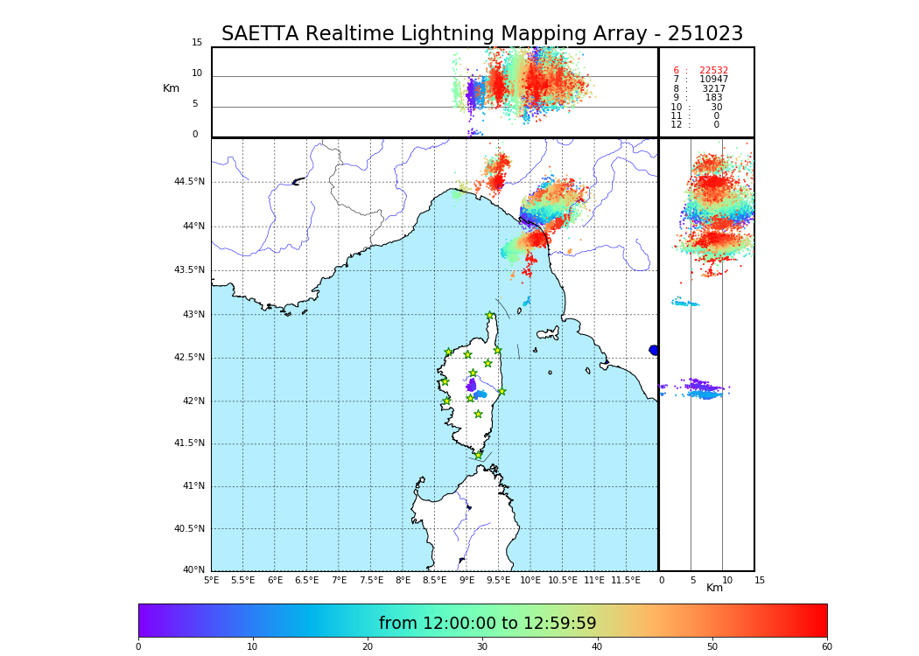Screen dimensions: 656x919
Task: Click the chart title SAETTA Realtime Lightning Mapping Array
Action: pyautogui.click(x=481, y=34)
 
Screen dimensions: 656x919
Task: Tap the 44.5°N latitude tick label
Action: pyautogui.click(x=189, y=182)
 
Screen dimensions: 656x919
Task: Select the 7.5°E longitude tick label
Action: pyautogui.click(x=371, y=580)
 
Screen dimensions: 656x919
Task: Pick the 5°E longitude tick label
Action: pyautogui.click(x=212, y=580)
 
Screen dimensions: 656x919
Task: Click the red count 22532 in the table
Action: pyautogui.click(x=713, y=71)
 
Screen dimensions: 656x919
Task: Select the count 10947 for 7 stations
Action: pyautogui.click(x=713, y=80)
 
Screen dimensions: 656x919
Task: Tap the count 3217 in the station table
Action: pyautogui.click(x=713, y=89)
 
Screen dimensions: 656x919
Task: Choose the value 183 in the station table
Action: pyautogui.click(x=713, y=98)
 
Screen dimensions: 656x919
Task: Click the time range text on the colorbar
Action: pyautogui.click(x=488, y=624)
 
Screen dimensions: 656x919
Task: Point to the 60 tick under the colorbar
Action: pyautogui.click(x=826, y=646)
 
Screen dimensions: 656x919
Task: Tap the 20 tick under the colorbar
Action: pyautogui.click(x=368, y=646)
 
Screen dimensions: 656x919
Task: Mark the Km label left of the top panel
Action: pyautogui.click(x=171, y=88)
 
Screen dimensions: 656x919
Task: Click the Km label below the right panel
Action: pyautogui.click(x=715, y=588)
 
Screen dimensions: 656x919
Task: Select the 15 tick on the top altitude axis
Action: pyautogui.click(x=197, y=43)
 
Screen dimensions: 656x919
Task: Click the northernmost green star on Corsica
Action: pyautogui.click(x=490, y=316)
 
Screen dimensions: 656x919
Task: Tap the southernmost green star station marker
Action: pyautogui.click(x=478, y=455)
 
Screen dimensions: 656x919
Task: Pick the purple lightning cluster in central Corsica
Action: pyautogui.click(x=471, y=385)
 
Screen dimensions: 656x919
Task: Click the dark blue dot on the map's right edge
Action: pyautogui.click(x=654, y=350)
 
